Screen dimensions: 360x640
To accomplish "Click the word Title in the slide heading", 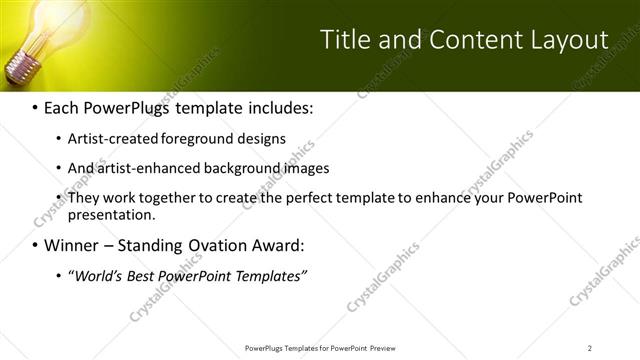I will click(343, 40).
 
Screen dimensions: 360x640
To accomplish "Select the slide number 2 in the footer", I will click(589, 347).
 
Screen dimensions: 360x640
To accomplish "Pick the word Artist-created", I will click(107, 139).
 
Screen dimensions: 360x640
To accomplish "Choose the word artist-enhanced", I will click(143, 168).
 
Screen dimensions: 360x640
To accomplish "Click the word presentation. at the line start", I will click(111, 214).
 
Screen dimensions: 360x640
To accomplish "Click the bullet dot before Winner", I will click(35, 245).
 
